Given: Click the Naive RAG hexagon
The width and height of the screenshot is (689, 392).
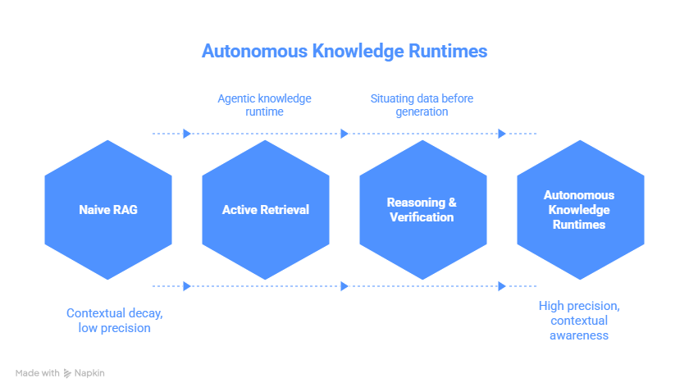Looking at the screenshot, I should pyautogui.click(x=108, y=210).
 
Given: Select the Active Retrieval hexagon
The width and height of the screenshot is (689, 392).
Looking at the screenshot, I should pyautogui.click(x=266, y=210).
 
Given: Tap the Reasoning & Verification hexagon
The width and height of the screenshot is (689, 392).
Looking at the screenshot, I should pyautogui.click(x=422, y=210).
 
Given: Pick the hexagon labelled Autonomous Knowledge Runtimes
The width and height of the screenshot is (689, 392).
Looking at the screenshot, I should pyautogui.click(x=579, y=210).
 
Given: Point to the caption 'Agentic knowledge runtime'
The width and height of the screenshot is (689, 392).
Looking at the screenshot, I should pyautogui.click(x=264, y=105).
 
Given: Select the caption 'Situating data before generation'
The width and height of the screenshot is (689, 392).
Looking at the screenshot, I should pyautogui.click(x=422, y=105).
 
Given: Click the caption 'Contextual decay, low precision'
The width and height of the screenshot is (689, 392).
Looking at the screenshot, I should pyautogui.click(x=108, y=321).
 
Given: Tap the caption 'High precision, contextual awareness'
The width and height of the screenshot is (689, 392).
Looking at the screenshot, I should pyautogui.click(x=579, y=321).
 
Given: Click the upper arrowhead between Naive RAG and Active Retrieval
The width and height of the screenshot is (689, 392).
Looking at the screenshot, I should pyautogui.click(x=187, y=134).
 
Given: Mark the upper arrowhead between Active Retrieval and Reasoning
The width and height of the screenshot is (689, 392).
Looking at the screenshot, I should pyautogui.click(x=344, y=134).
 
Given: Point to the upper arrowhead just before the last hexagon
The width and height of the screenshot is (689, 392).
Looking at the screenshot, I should pyautogui.click(x=502, y=134).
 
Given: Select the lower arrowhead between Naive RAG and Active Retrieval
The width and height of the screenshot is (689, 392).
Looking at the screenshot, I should pyautogui.click(x=187, y=286).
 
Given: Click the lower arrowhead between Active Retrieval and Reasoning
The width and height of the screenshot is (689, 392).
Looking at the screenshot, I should pyautogui.click(x=344, y=286).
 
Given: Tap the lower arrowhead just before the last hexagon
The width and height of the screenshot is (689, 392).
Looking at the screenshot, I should pyautogui.click(x=502, y=286).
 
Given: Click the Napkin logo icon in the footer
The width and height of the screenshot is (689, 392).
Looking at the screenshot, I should pyautogui.click(x=67, y=373).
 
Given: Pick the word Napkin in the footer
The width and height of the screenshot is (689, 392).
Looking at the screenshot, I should pyautogui.click(x=90, y=373).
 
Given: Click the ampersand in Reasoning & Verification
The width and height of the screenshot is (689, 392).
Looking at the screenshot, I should pyautogui.click(x=452, y=203).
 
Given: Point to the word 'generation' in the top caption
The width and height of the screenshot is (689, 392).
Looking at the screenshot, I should pyautogui.click(x=422, y=112).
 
